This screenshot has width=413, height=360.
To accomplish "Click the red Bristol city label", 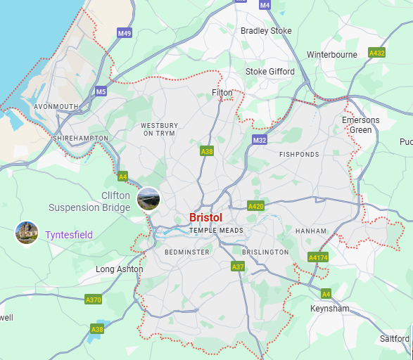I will pyautogui.click(x=205, y=218).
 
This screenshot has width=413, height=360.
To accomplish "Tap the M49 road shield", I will pyautogui.click(x=125, y=33).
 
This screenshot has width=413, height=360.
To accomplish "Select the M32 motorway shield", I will pyautogui.click(x=260, y=141).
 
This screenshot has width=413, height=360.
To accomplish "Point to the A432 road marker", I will pyautogui.click(x=377, y=53).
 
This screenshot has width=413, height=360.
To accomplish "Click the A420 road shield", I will pyautogui.click(x=255, y=206).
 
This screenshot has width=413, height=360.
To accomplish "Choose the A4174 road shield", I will pyautogui.click(x=318, y=257).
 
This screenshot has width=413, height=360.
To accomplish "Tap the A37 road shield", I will pyautogui.click(x=238, y=266).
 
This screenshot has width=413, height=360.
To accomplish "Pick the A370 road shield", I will pyautogui.click(x=93, y=300).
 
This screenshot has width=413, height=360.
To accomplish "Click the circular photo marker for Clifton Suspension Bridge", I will pyautogui.click(x=148, y=199).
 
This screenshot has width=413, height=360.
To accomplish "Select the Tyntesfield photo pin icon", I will pyautogui.click(x=26, y=233).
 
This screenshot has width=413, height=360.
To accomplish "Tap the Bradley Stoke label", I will pyautogui.click(x=266, y=31).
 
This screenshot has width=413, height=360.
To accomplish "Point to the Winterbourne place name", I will pyautogui.click(x=333, y=54).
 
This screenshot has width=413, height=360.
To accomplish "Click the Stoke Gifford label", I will pyautogui.click(x=270, y=72).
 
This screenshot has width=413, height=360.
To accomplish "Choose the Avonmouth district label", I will pyautogui.click(x=56, y=107).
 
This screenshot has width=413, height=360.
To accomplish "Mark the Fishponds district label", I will pyautogui.click(x=299, y=154).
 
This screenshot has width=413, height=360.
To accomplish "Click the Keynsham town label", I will pyautogui.click(x=329, y=308).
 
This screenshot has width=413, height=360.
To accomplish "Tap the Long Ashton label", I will pyautogui.click(x=120, y=269).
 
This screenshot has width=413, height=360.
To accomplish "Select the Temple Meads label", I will pyautogui.click(x=216, y=231).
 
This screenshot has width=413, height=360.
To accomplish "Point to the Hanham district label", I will pyautogui.click(x=311, y=231).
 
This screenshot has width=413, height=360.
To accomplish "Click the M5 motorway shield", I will pyautogui.click(x=101, y=91).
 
